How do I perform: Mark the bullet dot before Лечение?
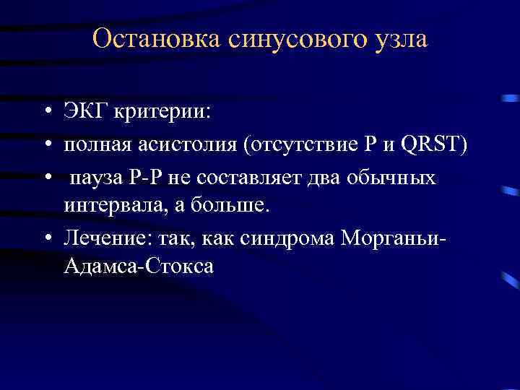(x=45, y=238)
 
